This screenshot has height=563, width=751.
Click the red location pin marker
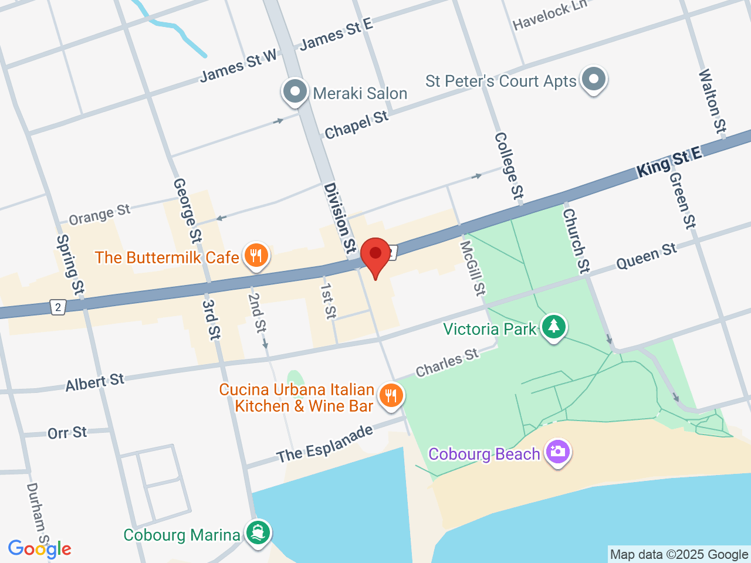(375, 255)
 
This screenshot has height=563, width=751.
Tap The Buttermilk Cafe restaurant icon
(256, 256)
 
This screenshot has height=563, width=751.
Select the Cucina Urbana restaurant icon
(391, 396)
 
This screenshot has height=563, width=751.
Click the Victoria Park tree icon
(553, 326)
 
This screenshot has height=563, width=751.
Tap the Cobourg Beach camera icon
(557, 452)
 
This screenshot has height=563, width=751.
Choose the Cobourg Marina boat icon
(258, 533)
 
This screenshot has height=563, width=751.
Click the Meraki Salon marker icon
(295, 91)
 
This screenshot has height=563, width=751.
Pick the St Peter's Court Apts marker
(594, 79)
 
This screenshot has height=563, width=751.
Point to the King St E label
(669, 161)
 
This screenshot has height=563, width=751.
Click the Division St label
(340, 218)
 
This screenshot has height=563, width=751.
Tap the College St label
(509, 166)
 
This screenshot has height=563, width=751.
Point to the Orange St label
(99, 215)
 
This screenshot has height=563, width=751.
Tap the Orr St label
(67, 433)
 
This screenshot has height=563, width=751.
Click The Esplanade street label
(324, 444)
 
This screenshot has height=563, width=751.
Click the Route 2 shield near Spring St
(57, 307)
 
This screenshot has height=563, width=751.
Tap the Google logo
(39, 549)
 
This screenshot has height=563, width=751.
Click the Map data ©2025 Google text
(679, 554)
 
